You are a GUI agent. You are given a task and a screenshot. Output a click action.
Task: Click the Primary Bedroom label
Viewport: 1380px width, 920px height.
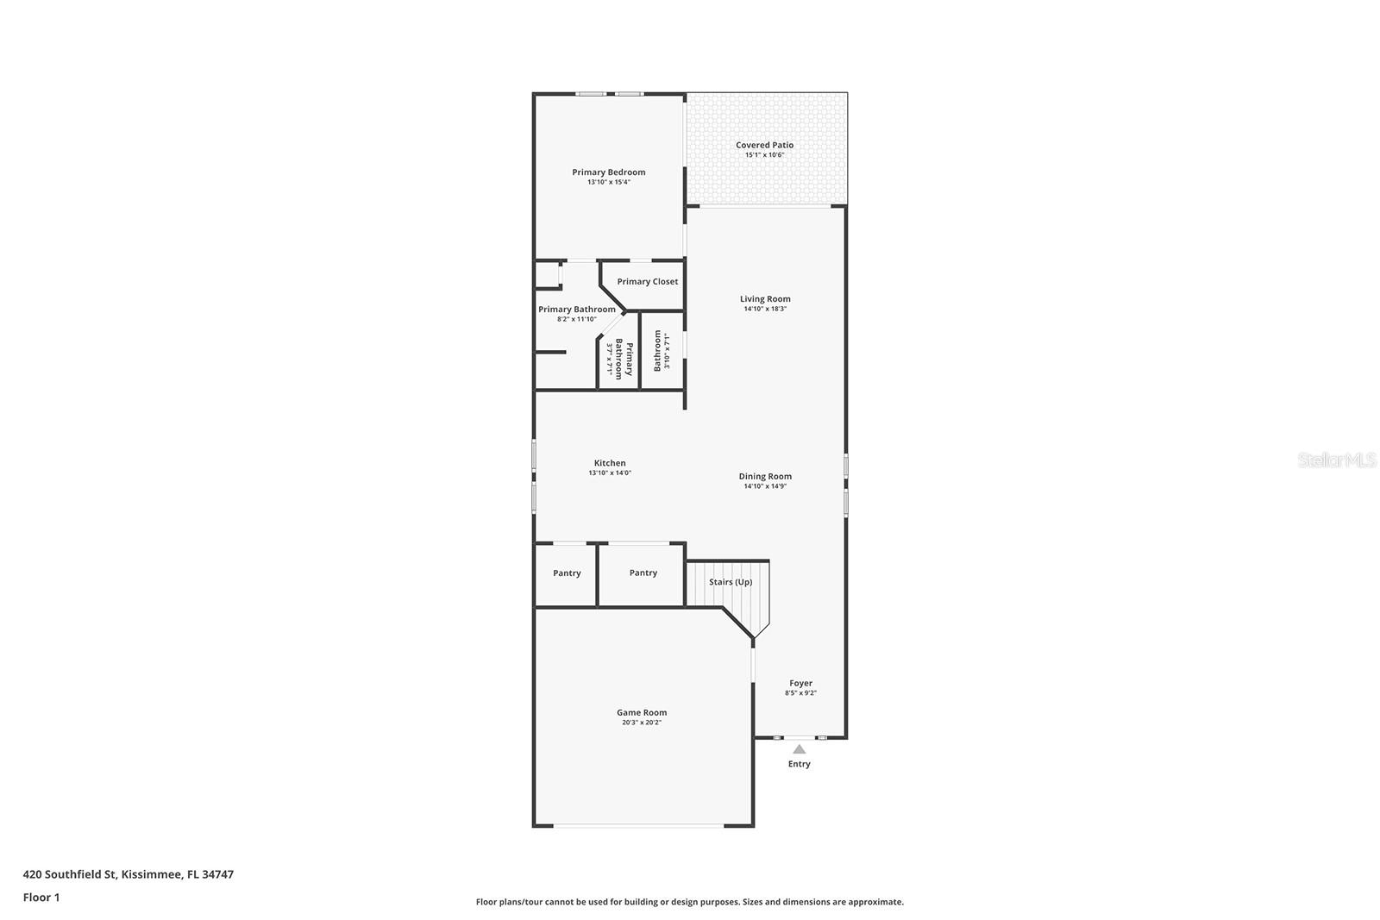pos(608,172)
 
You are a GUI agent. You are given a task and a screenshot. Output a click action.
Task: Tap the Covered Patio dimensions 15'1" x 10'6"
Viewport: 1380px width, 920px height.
pos(764,155)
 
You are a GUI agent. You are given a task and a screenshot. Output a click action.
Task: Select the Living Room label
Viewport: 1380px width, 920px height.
pos(765,299)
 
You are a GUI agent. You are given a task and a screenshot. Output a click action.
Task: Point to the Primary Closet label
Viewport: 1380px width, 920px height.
pos(647,282)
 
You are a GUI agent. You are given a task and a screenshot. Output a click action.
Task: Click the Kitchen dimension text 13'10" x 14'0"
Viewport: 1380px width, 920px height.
pos(610,473)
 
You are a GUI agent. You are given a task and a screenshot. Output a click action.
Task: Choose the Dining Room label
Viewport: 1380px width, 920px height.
pos(765,477)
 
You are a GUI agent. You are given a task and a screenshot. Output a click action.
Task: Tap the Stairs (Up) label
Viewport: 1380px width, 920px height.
pos(731,582)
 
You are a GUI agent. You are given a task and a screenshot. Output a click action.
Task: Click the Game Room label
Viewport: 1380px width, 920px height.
pos(642,713)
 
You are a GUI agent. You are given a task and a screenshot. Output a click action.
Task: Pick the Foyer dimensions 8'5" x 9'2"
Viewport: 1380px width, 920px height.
pos(800,693)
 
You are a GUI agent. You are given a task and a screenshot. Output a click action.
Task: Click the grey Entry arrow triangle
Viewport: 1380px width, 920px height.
pos(800,749)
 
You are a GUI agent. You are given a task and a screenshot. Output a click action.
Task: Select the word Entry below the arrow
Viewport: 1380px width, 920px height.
pos(800,764)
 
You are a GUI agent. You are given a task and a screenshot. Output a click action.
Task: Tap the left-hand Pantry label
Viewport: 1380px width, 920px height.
pos(567,573)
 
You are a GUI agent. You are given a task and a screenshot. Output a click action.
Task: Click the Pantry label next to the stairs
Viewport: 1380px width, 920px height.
pos(643,573)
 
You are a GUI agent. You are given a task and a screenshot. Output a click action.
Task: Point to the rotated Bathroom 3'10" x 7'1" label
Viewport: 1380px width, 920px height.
pos(661,351)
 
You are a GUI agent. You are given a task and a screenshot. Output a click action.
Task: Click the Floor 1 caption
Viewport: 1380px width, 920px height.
pos(41,898)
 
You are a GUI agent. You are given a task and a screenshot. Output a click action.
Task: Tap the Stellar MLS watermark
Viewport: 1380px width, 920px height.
pos(1337,460)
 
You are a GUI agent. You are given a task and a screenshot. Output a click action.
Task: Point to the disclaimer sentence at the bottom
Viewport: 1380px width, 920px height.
pos(689,902)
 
